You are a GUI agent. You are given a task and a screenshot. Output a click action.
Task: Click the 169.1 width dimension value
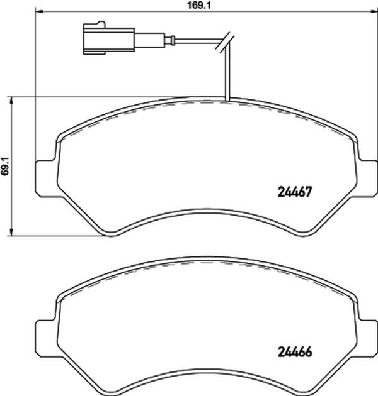(x=198, y=5)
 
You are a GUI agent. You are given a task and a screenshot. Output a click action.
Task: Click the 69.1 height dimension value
(x=5, y=166)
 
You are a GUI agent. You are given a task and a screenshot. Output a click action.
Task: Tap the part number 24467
(x=294, y=192)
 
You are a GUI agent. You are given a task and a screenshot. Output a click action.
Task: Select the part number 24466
(x=295, y=351)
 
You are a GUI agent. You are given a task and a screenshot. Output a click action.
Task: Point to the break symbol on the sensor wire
(x=224, y=43)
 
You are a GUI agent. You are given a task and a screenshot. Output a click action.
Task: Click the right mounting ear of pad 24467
(x=367, y=179)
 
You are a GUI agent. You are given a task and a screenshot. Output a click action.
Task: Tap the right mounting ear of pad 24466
(x=367, y=338)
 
